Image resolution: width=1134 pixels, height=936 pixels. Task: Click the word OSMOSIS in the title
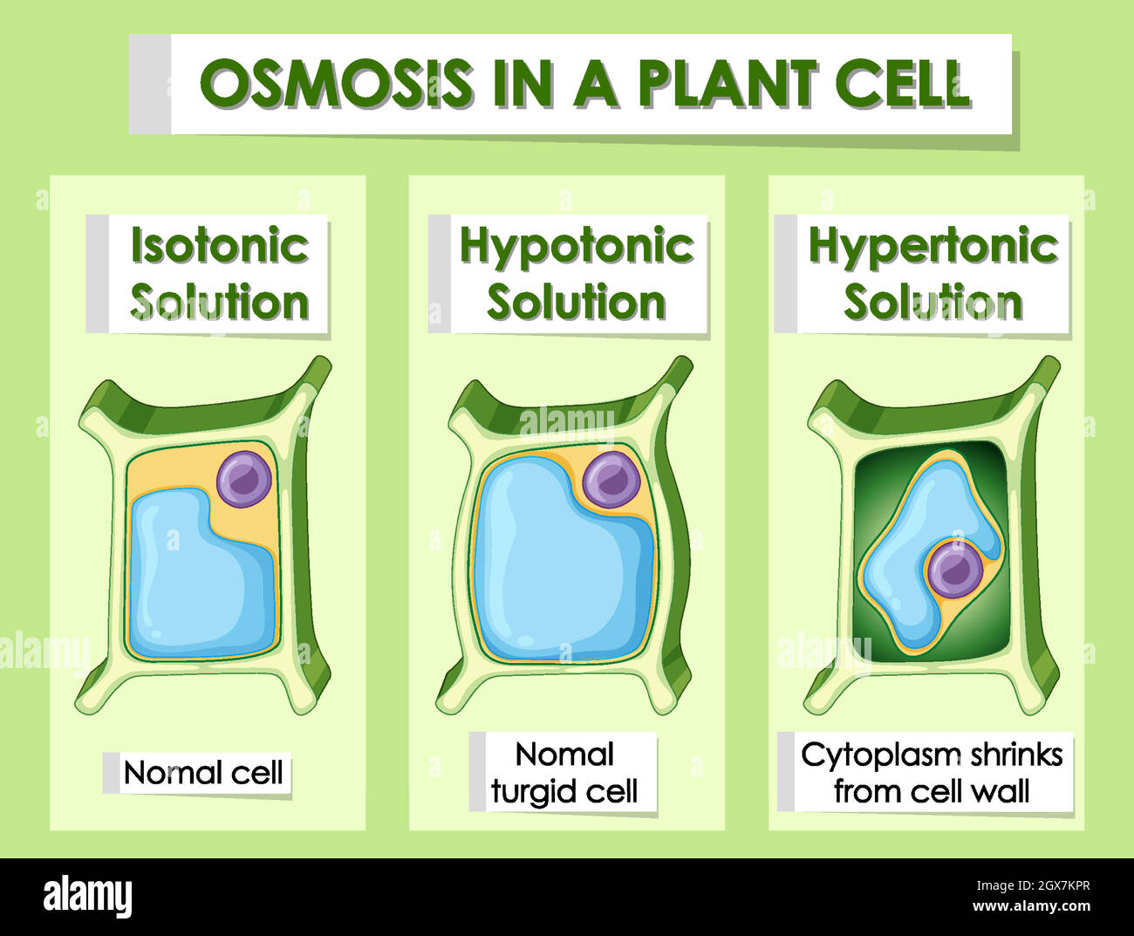[x=335, y=85]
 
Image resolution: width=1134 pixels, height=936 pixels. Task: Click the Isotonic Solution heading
[x=219, y=274]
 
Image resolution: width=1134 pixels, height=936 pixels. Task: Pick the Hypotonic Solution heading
[x=577, y=274]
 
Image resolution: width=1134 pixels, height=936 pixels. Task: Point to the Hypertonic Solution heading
[x=932, y=274]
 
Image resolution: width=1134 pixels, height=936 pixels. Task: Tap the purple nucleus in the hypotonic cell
[x=611, y=479]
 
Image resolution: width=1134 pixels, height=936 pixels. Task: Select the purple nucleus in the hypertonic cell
[x=954, y=569]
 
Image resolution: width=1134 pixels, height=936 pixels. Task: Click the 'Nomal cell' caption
[x=203, y=773]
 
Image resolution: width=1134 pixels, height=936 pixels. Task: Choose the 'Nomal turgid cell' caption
[x=564, y=773]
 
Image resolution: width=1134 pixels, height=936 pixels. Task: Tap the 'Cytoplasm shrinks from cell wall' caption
[x=932, y=773]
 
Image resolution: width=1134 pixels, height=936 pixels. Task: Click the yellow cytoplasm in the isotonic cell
[x=174, y=471]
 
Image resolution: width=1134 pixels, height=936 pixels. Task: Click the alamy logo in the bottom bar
[x=88, y=897]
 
